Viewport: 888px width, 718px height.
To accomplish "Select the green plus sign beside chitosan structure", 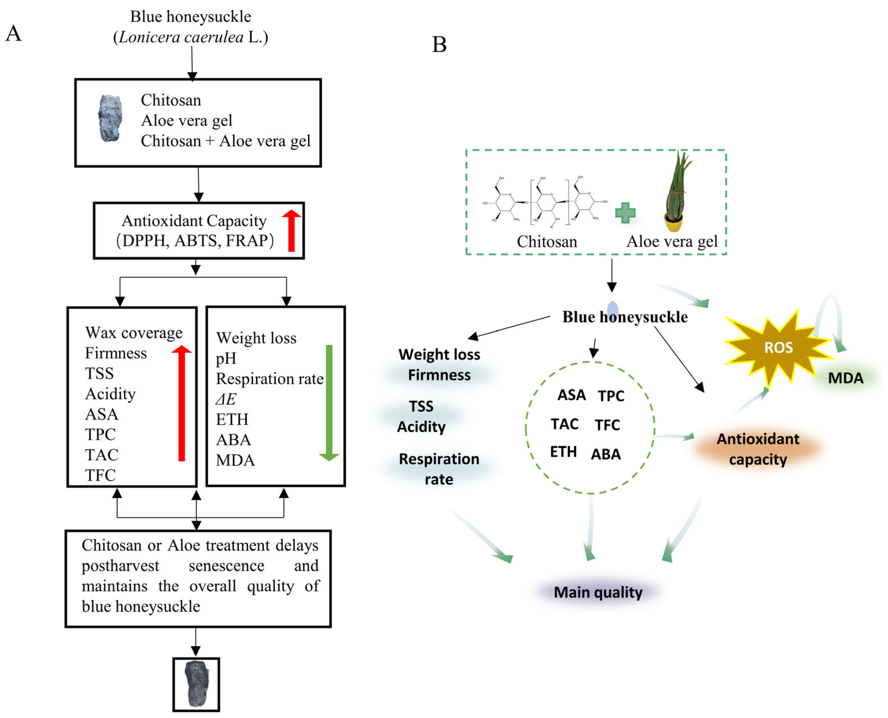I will [625, 212].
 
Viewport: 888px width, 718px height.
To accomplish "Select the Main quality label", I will [598, 592].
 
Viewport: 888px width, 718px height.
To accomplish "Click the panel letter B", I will [439, 45].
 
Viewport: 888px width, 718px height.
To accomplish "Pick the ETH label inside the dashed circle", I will [563, 452].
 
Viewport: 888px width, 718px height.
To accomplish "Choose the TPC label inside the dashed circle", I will [611, 396].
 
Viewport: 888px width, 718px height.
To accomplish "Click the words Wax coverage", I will [134, 333].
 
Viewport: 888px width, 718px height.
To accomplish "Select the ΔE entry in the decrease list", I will [226, 399].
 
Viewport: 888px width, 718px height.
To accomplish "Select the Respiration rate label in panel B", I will [439, 469].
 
